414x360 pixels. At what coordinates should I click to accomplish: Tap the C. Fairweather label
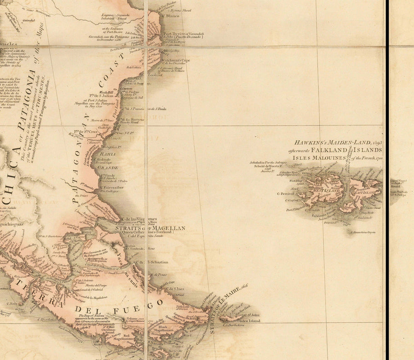click(x=112, y=187)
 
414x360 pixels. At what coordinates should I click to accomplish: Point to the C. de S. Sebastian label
click(x=156, y=262)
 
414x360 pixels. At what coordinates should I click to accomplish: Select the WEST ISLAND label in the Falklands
click(x=323, y=190)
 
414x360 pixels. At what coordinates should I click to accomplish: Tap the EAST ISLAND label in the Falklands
click(x=366, y=192)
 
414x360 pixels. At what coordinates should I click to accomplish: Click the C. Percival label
click(x=288, y=194)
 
